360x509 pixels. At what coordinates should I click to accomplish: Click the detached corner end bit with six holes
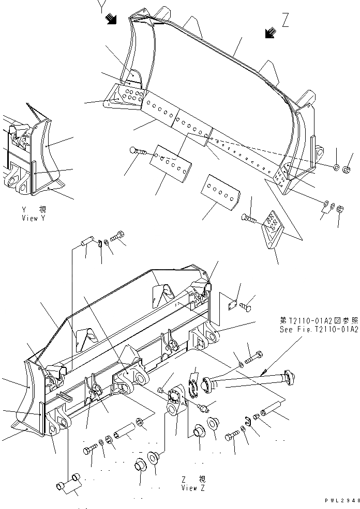273,229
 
